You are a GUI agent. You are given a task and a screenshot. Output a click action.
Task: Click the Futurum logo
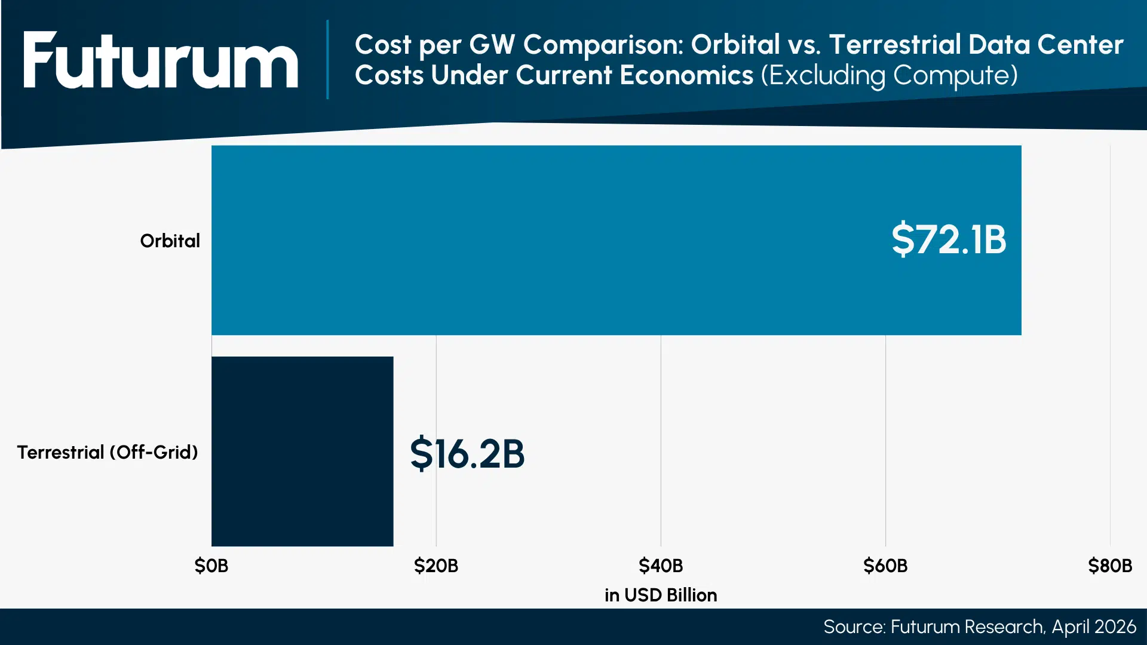(160, 60)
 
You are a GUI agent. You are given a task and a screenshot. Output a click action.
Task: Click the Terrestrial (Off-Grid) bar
(302, 451)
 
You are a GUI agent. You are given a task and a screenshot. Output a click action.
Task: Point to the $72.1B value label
(948, 239)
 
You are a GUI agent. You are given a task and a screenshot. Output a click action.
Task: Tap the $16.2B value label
(467, 454)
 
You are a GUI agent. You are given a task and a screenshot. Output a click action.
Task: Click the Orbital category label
(170, 241)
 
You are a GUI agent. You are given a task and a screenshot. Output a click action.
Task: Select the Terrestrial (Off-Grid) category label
(108, 453)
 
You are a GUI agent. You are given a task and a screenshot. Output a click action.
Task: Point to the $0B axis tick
(211, 566)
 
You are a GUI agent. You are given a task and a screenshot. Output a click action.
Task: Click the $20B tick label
(436, 566)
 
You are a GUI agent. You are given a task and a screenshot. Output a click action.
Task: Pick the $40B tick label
(661, 566)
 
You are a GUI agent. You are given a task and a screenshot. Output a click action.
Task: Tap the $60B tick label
(885, 566)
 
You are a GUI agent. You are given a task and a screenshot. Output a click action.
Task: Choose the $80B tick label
(1109, 566)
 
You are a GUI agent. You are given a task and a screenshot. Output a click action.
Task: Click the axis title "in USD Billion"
(661, 595)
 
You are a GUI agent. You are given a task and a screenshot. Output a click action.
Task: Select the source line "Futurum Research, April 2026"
(980, 626)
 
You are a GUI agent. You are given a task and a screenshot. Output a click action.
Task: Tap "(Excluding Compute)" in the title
(889, 76)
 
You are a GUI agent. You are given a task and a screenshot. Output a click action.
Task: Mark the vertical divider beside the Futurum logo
(327, 60)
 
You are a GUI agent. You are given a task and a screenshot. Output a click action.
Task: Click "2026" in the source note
(1115, 626)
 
